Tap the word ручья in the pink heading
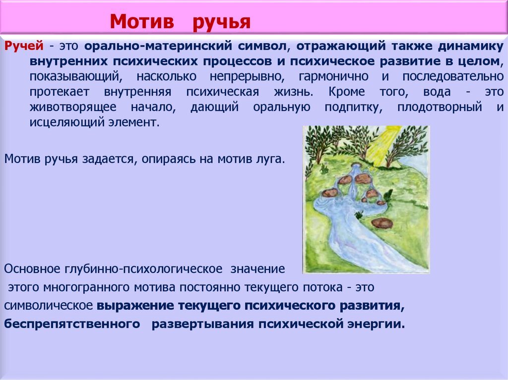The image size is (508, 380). point(221,22)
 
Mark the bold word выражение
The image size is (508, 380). point(133,306)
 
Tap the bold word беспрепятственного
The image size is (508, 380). point(71,325)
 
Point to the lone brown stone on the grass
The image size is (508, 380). point(382,223)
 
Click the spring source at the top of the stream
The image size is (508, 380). point(355,167)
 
